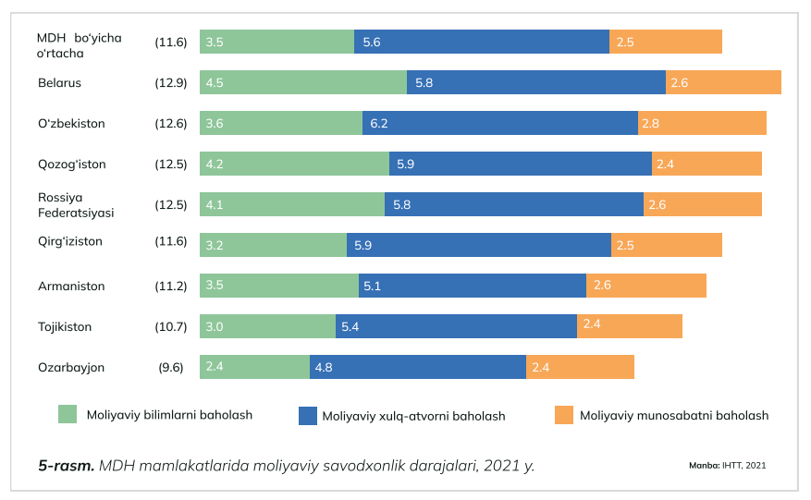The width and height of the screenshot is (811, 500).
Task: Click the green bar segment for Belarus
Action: coord(303,82)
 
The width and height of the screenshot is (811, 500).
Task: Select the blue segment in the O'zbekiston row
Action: coord(499,123)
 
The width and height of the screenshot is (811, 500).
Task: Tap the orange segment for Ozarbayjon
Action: coord(580,367)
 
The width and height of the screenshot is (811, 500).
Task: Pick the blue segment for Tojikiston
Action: coord(456,326)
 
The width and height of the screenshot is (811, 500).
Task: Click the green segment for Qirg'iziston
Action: coord(273,245)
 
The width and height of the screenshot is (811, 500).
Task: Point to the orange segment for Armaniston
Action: coord(645,286)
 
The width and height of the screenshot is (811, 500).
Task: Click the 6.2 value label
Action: coord(379,123)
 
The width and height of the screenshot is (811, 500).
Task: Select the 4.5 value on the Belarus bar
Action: coord(215,82)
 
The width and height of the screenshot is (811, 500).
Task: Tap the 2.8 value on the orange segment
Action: coord(650,123)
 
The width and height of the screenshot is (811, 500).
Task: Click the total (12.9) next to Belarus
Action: coord(171,82)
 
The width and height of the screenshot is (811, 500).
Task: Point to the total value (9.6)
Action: coord(171,367)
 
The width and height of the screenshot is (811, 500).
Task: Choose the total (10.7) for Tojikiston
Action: coord(171,326)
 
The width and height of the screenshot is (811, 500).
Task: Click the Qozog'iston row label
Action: coord(72,165)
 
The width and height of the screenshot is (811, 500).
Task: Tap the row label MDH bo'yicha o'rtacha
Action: coord(80,45)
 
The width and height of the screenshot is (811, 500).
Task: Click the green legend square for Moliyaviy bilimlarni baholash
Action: coord(68,414)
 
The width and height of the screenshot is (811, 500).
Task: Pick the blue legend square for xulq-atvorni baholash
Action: coord(308,415)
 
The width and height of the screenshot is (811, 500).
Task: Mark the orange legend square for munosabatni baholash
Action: coord(564,415)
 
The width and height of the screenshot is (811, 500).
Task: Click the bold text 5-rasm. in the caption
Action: coord(66,465)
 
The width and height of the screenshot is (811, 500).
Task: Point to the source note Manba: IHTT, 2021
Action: coord(727,465)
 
